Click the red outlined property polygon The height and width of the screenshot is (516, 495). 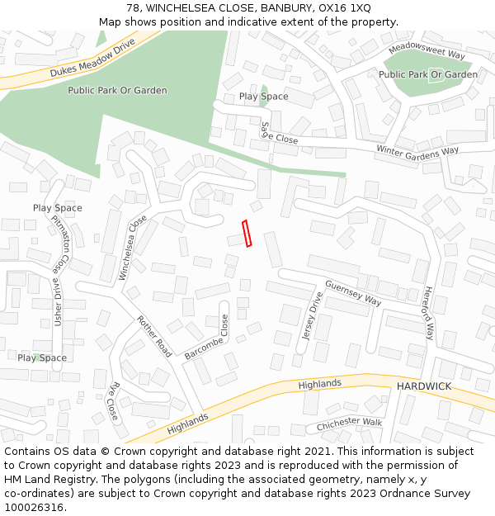[247, 234]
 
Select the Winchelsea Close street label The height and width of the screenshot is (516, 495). [133, 247]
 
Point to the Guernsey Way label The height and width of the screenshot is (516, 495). [353, 293]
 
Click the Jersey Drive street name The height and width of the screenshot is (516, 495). [312, 316]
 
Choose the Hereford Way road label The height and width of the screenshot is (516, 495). [428, 314]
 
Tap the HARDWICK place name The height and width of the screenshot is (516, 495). [423, 386]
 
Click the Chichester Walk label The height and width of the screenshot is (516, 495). [351, 424]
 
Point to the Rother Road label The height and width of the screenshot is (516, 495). [154, 336]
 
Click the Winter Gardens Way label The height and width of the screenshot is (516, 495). [417, 150]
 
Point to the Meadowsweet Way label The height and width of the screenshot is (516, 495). [427, 50]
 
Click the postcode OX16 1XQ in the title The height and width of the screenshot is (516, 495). [342, 7]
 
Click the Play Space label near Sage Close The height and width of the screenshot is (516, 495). [264, 97]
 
